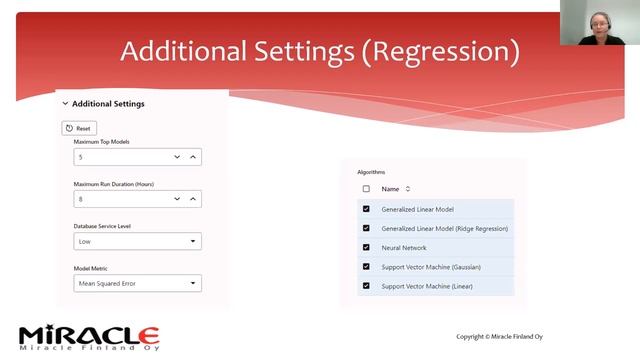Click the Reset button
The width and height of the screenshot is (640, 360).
pos(80,128)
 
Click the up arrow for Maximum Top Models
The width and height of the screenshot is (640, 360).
pos(193,157)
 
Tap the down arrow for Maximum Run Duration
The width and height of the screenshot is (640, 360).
pos(177,199)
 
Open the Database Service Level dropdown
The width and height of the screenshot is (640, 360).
pos(138,241)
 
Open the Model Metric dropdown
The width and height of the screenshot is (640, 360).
pos(138,283)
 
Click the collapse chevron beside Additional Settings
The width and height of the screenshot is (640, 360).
pos(66,104)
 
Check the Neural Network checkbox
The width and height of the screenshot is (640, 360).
pos(366,247)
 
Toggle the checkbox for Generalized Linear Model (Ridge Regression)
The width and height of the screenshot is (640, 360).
pos(366,228)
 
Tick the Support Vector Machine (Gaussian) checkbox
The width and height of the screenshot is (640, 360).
pos(366,266)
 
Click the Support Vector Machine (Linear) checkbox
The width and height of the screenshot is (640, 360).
pos(366,286)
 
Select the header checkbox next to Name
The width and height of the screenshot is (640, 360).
pos(366,189)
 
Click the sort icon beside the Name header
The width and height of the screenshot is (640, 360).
pos(408,189)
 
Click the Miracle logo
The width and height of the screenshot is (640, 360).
pos(89,336)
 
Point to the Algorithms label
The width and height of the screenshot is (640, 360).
pos(371,172)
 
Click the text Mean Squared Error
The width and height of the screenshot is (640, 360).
pos(107,283)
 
